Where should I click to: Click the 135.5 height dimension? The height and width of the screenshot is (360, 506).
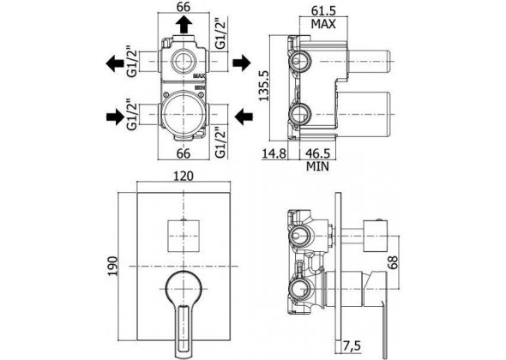264,86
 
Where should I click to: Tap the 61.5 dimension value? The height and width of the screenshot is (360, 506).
323,10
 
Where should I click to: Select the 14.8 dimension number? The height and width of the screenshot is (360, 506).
274,153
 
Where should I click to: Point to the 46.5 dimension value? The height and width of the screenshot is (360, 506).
317,153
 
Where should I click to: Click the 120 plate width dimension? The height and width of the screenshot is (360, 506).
184,176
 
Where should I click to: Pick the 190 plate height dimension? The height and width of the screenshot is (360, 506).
113,266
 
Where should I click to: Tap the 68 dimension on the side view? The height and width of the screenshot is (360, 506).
393,261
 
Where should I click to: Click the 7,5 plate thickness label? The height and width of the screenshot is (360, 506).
351,346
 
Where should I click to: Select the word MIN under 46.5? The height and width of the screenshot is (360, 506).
317,166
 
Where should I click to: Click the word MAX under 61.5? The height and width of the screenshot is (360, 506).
323,24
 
